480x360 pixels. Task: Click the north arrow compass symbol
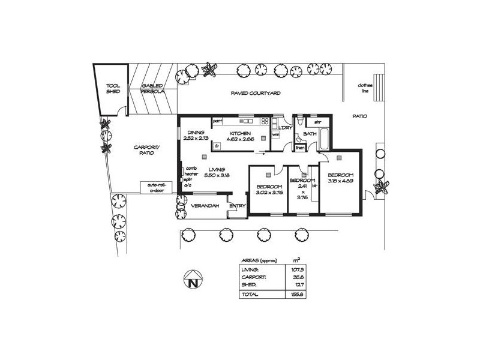tap(192, 281)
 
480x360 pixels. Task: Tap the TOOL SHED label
tap(113, 89)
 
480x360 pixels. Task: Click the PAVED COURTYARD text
tap(256, 94)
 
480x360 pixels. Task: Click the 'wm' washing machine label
tap(276, 134)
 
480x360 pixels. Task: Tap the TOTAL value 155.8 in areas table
tap(295, 295)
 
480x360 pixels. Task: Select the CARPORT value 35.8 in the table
tap(295, 277)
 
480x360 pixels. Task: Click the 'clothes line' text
tap(365, 88)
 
